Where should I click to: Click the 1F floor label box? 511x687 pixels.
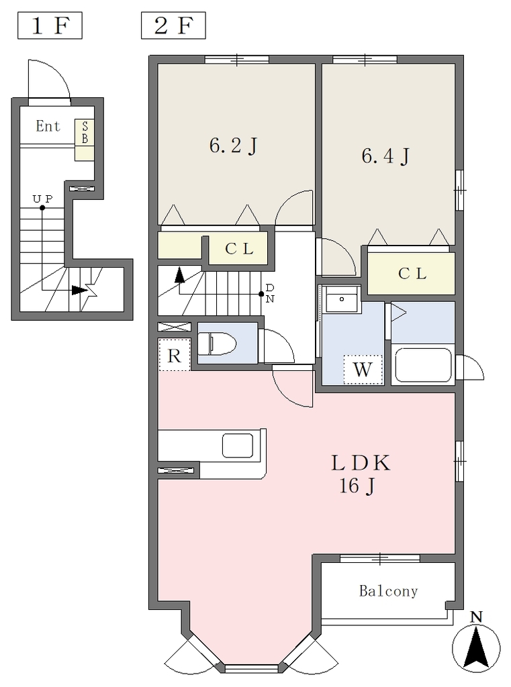point(50,26)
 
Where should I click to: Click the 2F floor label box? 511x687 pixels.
point(173,26)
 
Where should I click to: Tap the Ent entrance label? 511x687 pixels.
point(48,126)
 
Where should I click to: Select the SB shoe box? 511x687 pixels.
point(84,140)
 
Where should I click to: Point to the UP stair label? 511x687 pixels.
point(42,199)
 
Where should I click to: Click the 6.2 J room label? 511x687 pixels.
point(233,146)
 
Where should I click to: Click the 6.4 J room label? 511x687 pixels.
point(385,156)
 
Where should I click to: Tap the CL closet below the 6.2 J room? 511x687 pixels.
point(238,248)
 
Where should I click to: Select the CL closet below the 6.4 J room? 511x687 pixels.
point(411,274)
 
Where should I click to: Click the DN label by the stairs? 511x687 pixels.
point(270,294)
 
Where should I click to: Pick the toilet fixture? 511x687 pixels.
point(217,343)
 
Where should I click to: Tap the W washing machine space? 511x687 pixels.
point(363,370)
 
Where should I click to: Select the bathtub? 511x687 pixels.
point(423,365)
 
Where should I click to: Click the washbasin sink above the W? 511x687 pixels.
point(342,300)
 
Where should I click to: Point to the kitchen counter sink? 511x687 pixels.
point(237,445)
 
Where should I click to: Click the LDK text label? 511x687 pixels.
point(360,463)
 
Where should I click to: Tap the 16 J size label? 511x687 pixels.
point(357,486)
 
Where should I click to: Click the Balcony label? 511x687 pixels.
point(388,591)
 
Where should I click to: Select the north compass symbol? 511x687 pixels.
point(476,642)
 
